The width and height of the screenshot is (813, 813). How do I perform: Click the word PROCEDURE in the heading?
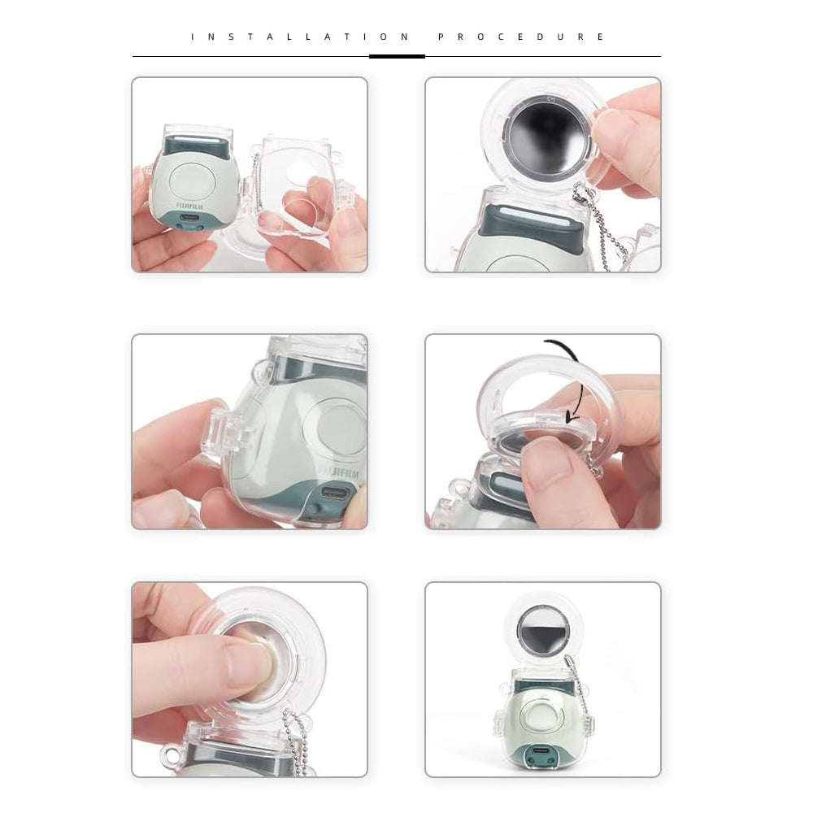point(521,37)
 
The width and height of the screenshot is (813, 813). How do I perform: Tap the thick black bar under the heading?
point(397,56)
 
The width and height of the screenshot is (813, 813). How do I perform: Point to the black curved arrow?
point(569,374)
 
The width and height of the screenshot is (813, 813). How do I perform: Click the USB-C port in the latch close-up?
point(334,493)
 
